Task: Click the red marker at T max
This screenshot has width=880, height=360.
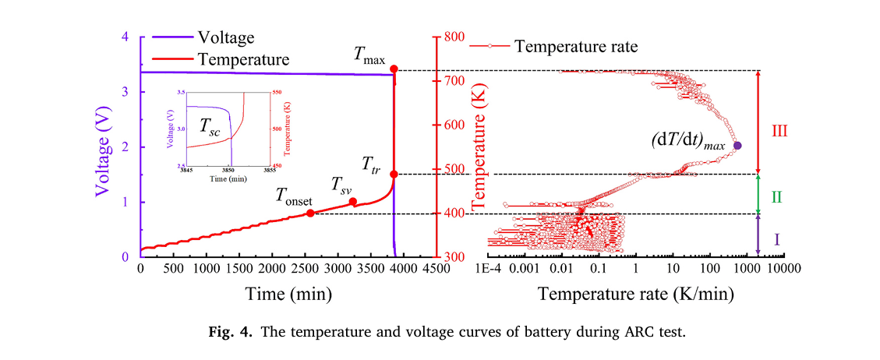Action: point(394,69)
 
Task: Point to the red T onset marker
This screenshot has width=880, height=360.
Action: point(309,213)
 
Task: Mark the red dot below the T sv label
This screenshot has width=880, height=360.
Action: point(352,201)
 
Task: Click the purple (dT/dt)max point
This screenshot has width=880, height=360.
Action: point(737,146)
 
